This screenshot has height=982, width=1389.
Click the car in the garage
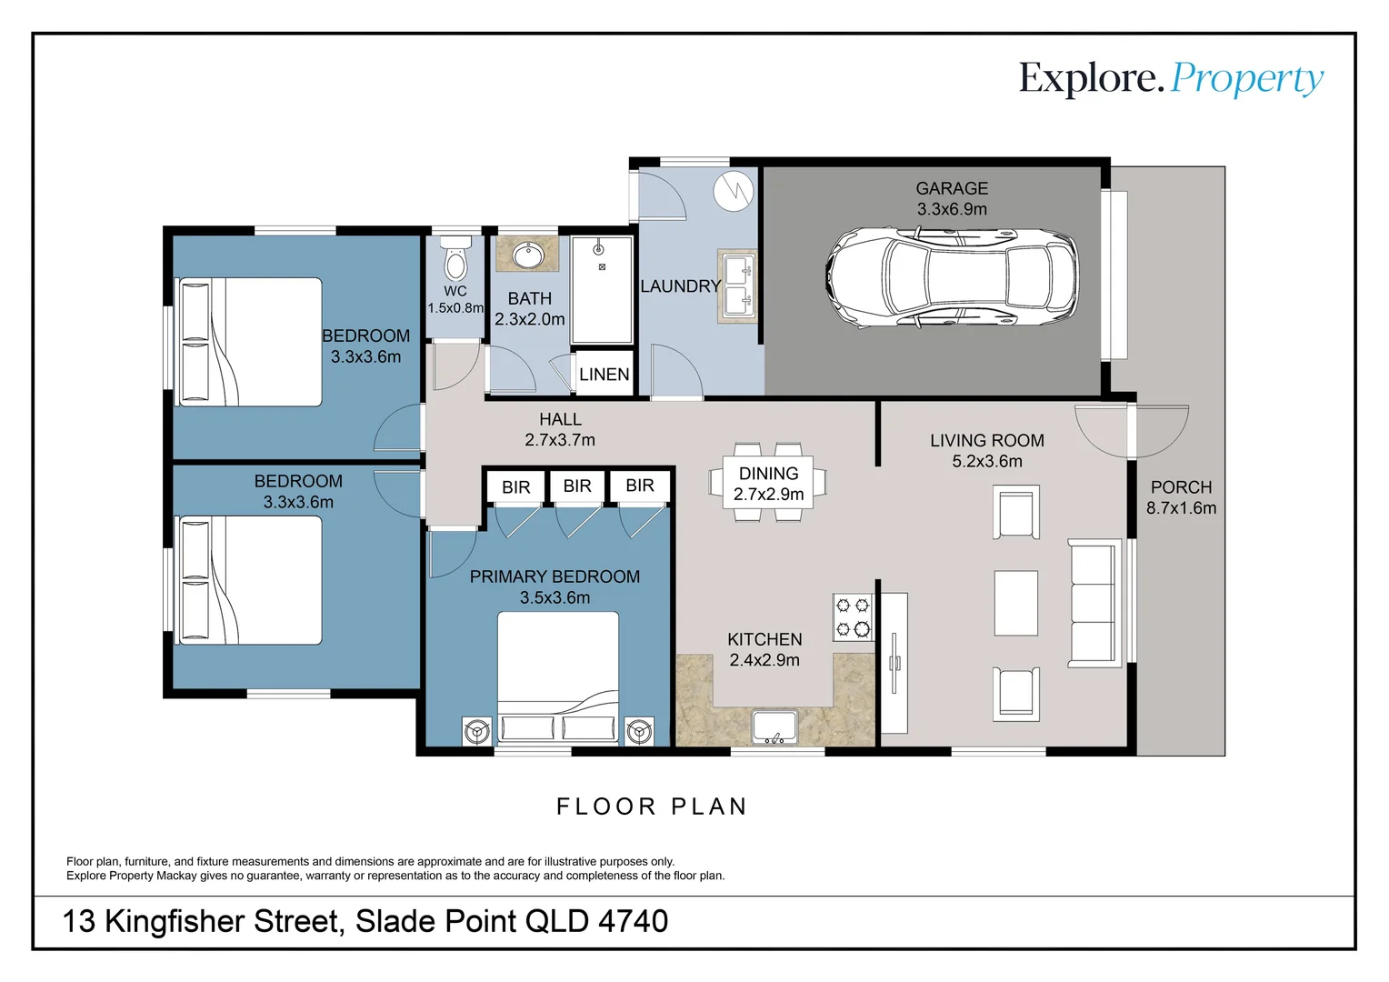coord(951,277)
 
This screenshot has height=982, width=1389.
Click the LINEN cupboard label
coord(604,375)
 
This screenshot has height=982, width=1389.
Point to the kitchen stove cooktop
coord(853,617)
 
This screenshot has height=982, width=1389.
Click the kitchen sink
coord(774,726)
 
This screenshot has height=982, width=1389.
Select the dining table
coord(768,483)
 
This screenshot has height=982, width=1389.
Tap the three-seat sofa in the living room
coord(1094,602)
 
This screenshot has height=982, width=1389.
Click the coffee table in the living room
coord(1015,603)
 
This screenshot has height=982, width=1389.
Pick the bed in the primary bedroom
coord(557,677)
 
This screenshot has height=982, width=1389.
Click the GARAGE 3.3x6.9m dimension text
coord(952,209)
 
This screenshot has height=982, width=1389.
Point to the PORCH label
coord(1181,487)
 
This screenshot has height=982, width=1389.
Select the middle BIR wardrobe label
coord(577,486)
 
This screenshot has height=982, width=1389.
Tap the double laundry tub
coord(737,286)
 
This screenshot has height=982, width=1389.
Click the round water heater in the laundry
coord(733,190)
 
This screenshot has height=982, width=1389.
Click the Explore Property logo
coord(1171,79)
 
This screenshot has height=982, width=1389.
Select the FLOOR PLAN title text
coord(652,807)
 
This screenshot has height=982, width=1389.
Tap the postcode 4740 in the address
coord(633,922)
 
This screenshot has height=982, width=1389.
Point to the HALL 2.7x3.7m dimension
coord(560,440)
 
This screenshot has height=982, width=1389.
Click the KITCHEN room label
coord(764,639)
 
